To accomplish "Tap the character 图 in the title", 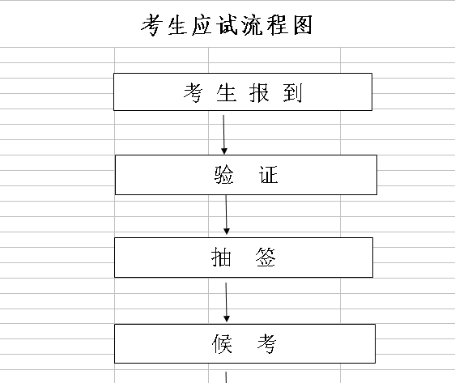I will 303,25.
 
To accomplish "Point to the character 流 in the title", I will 242,25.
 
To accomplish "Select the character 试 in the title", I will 212,25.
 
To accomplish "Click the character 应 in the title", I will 182,25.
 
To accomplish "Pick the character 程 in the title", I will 273,25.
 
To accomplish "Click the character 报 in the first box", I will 258,93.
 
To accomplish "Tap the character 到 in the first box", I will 292,93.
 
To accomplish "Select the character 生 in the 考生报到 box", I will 225,93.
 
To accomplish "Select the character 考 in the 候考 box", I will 266,345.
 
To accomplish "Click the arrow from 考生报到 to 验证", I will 224,133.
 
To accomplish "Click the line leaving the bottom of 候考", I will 226,375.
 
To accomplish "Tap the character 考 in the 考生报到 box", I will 192,93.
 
